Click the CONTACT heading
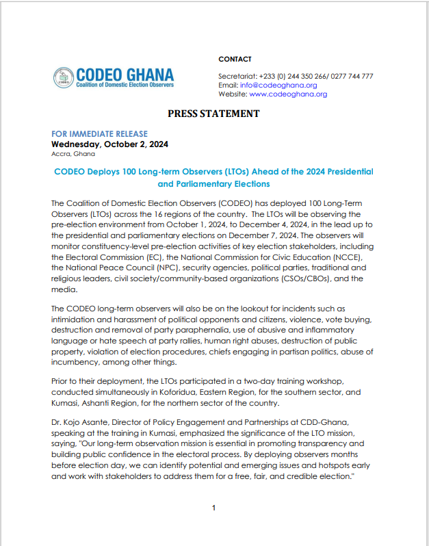click(x=235, y=60)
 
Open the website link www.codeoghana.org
click(x=288, y=94)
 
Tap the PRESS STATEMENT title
click(x=213, y=114)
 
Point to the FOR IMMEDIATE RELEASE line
click(x=99, y=134)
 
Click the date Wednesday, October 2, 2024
click(x=110, y=144)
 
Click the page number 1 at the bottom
click(x=213, y=508)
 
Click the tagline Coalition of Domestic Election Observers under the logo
click(x=125, y=84)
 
